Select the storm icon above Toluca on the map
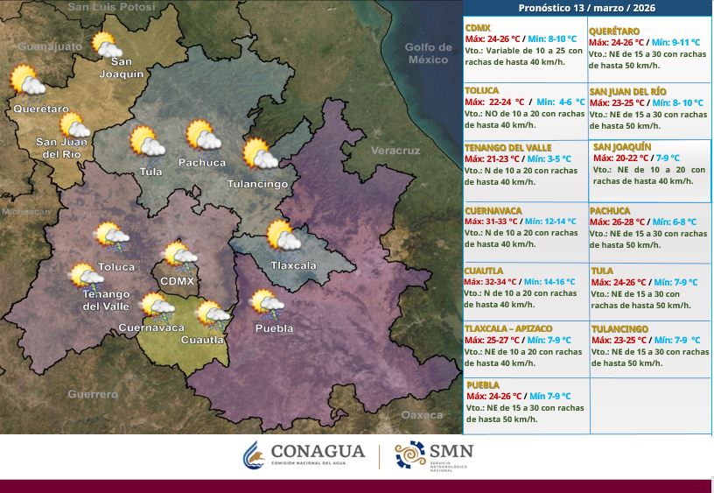[109, 235]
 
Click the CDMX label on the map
[178, 280]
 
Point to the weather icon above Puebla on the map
[266, 304]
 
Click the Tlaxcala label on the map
[293, 264]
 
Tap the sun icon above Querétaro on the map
[27, 82]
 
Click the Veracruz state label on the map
[395, 151]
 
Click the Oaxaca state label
[422, 414]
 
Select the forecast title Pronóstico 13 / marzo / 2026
[586, 8]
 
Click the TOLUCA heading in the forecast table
[482, 90]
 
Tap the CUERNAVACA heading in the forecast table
[493, 211]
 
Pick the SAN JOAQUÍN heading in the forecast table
[621, 146]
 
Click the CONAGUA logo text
[317, 451]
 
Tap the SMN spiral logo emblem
[410, 454]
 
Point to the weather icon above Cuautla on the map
[211, 313]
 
